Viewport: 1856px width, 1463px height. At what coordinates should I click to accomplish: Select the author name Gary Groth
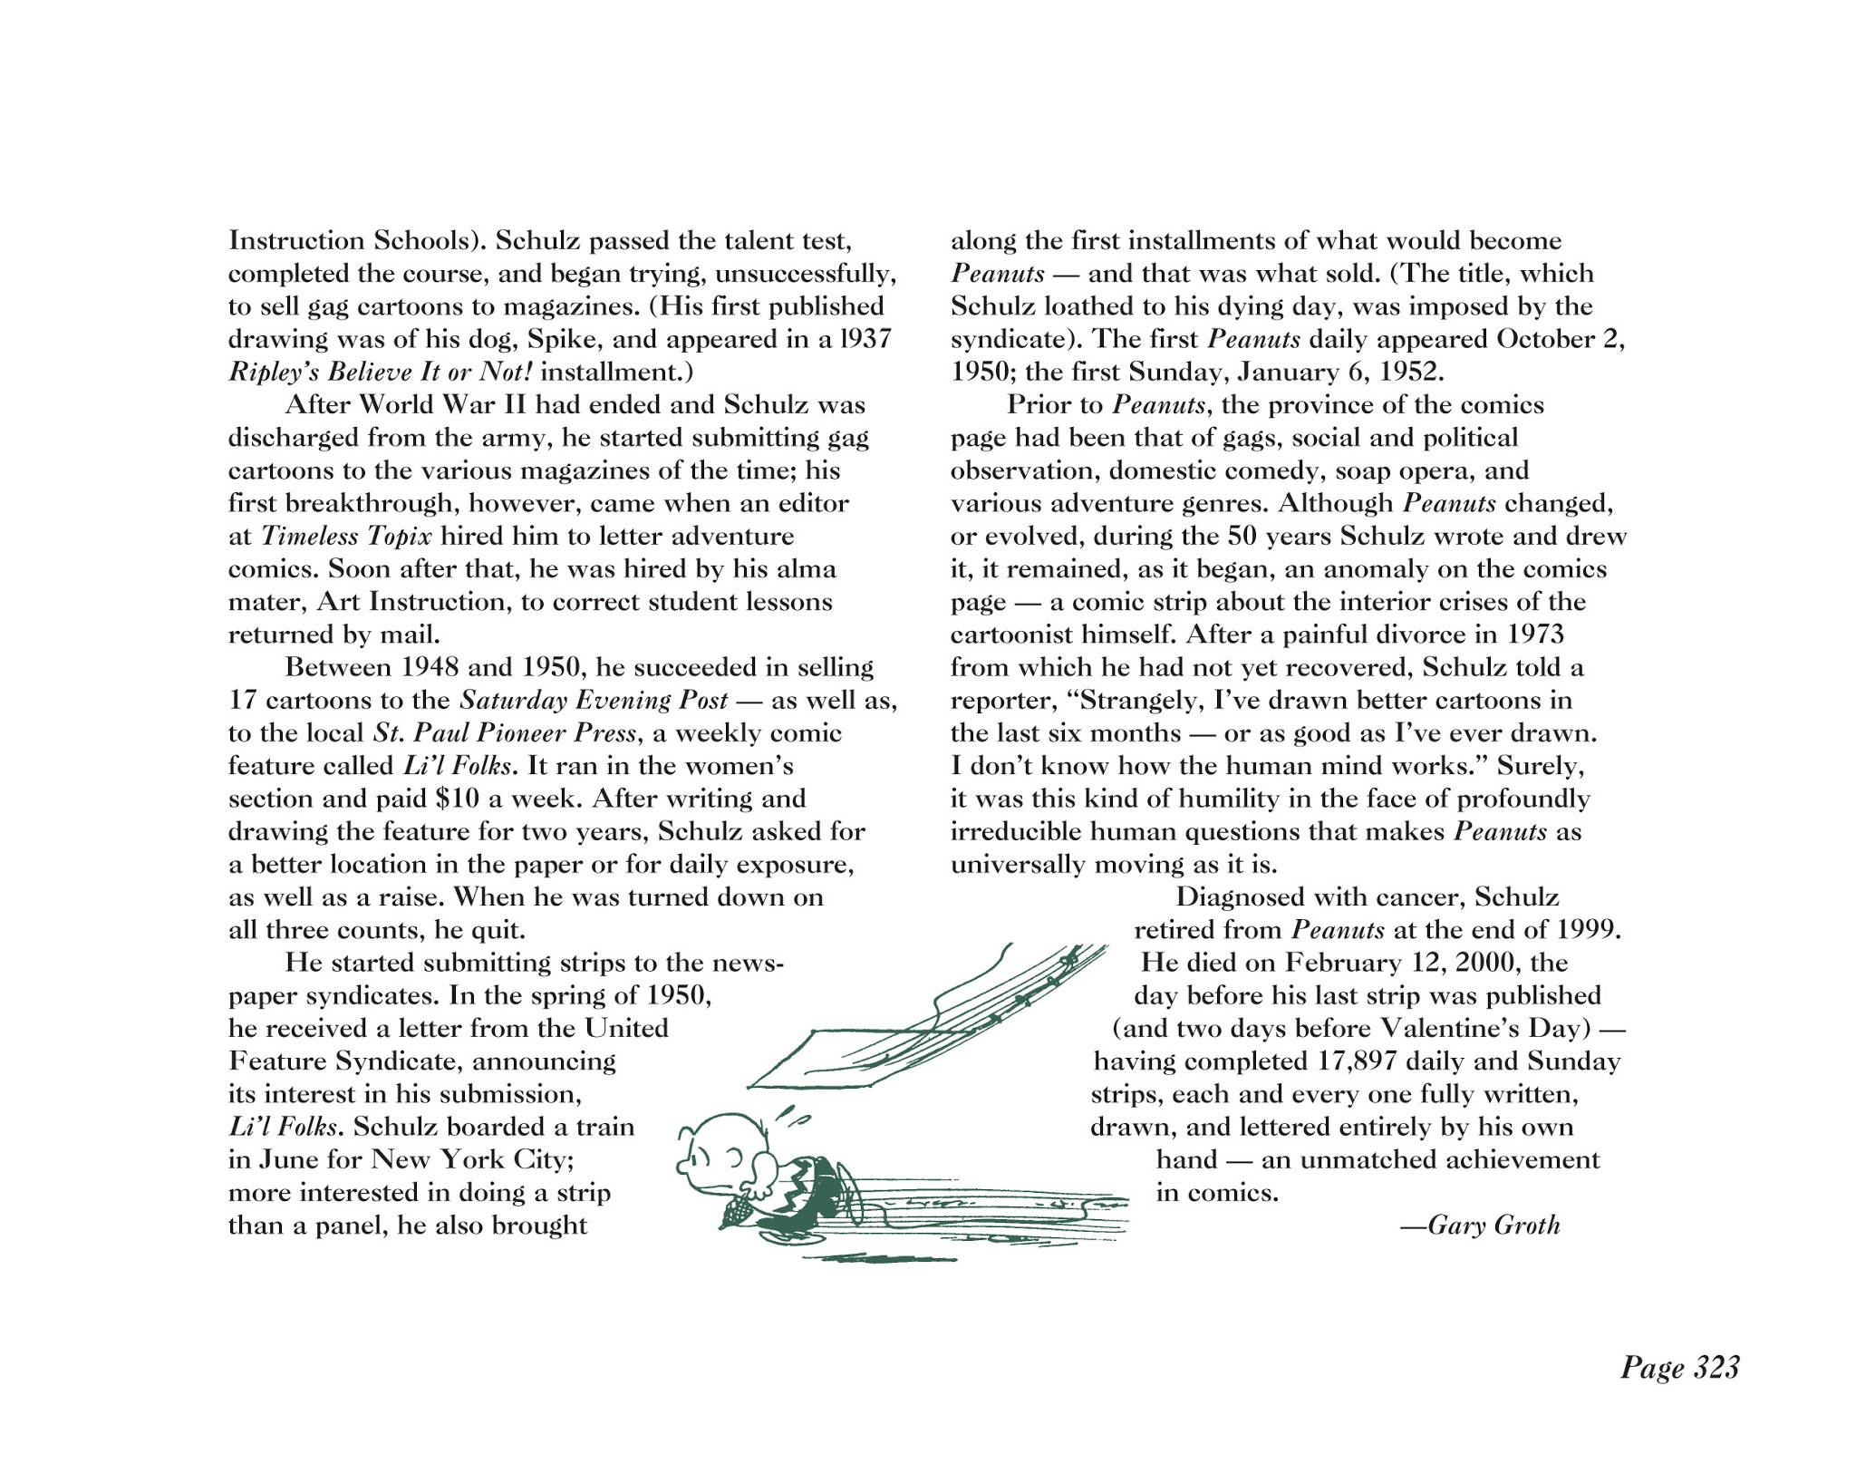point(1493,1226)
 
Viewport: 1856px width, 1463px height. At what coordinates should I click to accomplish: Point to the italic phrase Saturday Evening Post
point(594,700)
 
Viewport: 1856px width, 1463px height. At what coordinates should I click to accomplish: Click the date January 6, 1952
point(1341,373)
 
